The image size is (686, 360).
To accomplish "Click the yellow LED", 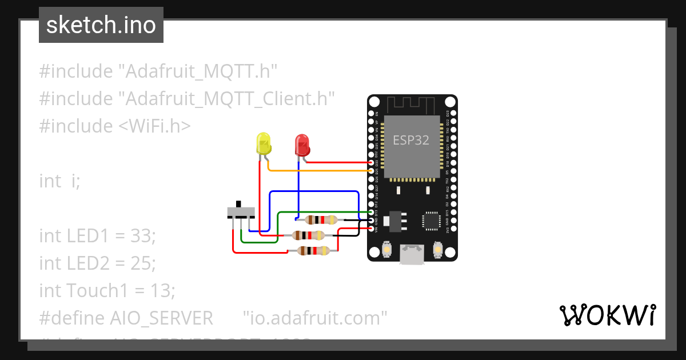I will (x=264, y=143).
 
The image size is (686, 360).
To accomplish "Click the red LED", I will (x=302, y=145).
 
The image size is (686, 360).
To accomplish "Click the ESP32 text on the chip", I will (x=410, y=140).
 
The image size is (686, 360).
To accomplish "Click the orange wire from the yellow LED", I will (x=320, y=170).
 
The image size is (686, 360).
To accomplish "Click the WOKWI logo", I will (x=607, y=315).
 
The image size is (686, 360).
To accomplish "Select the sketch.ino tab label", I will (x=101, y=25).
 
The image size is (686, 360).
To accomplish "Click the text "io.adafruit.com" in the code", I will (x=315, y=318).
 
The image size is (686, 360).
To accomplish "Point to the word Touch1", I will (x=97, y=290).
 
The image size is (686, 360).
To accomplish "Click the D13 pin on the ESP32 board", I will (x=372, y=212).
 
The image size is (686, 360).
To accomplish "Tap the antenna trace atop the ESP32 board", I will (x=412, y=105).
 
